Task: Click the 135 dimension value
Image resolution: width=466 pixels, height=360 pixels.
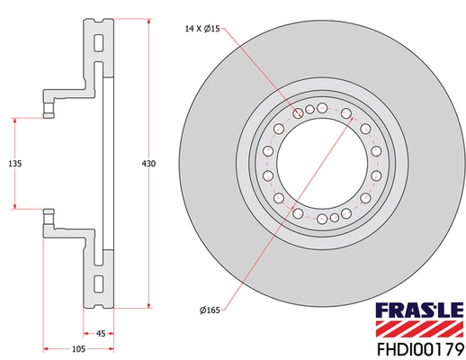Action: [x=14, y=163]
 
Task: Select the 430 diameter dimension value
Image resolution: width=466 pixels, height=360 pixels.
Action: [x=149, y=163]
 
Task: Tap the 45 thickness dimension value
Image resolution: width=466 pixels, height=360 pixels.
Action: [x=101, y=333]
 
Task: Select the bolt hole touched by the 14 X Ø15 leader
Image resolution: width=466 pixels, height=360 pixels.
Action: [x=299, y=113]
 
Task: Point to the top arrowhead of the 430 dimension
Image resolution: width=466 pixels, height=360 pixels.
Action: [x=149, y=19]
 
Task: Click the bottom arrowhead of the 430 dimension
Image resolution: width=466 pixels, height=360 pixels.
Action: [x=149, y=306]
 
